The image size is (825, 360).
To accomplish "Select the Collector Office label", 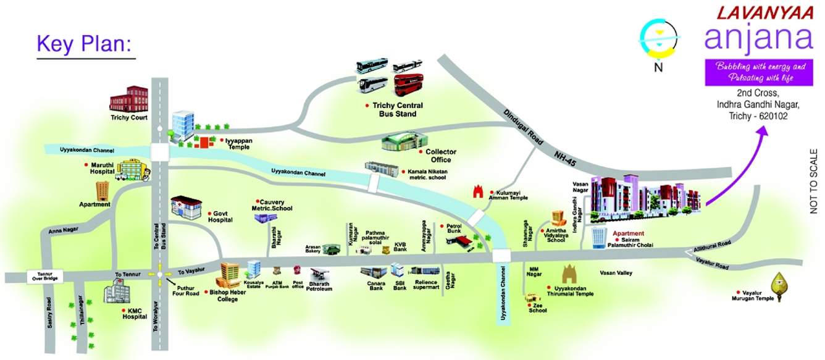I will pos(441,156).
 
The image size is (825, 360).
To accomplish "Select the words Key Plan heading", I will pos(85,44).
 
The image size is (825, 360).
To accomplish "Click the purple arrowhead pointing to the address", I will pos(764,132).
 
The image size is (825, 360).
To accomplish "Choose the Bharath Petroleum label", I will pos(320,287).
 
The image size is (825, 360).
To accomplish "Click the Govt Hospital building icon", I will pos(186,208).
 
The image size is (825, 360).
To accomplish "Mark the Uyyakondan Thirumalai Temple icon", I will pos(569,274).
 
